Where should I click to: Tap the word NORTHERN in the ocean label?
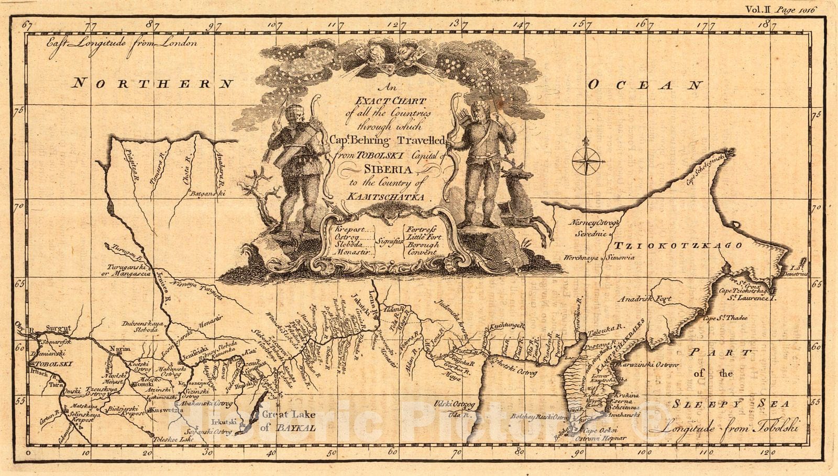(x=152, y=83)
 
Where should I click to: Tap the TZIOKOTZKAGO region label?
(x=678, y=246)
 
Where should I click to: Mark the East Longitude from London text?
(x=121, y=44)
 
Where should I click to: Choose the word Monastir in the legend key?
(x=354, y=252)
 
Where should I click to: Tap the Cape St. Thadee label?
(x=725, y=318)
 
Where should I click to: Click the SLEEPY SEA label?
(x=731, y=403)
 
